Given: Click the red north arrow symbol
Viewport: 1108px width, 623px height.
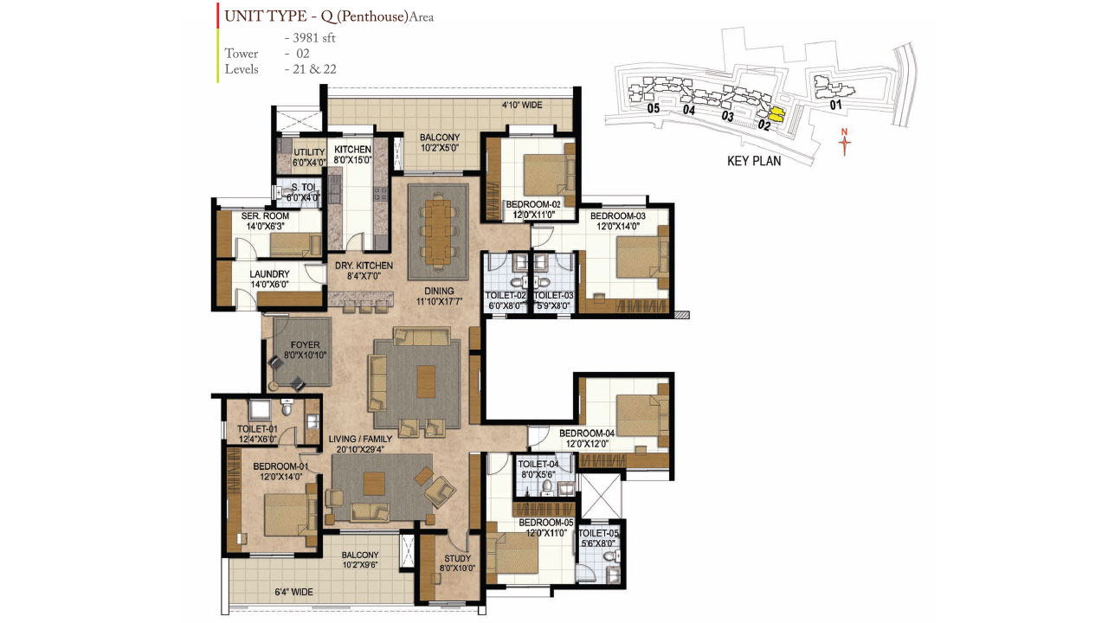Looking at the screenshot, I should pos(846,142).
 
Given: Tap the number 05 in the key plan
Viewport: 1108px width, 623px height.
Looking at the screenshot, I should pos(653,109).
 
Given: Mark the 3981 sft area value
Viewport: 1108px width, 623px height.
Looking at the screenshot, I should pos(310,37).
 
